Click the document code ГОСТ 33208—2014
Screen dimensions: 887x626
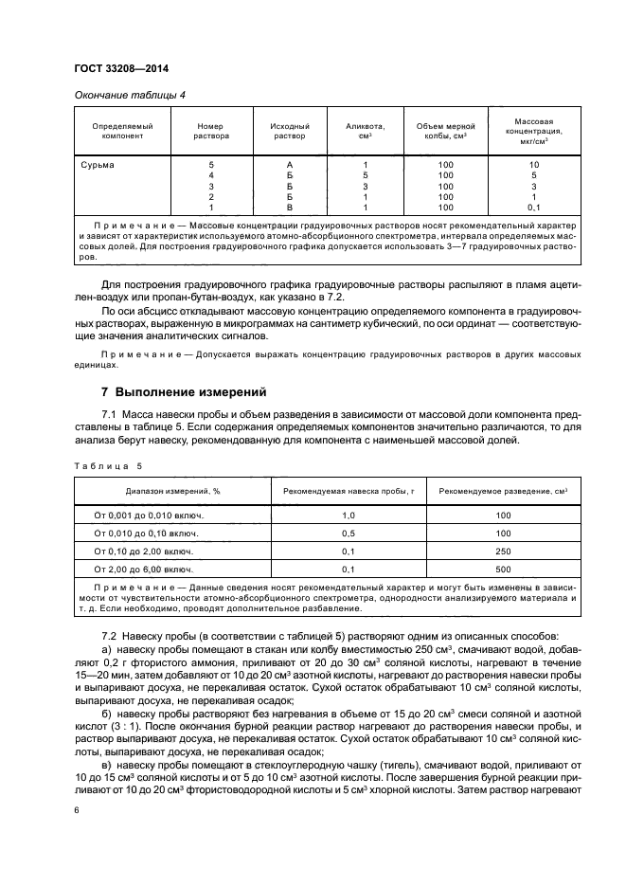click(115, 68)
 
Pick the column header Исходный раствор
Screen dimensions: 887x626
click(290, 131)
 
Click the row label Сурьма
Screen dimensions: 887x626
click(98, 165)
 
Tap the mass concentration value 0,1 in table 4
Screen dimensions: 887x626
click(533, 207)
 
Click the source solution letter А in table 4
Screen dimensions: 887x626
click(290, 165)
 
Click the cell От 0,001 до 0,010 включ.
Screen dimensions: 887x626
click(149, 516)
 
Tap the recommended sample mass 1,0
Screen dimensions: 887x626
click(347, 516)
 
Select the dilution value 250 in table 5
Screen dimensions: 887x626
click(502, 552)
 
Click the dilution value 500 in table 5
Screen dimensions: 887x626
click(502, 570)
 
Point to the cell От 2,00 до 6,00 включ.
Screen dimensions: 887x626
click(143, 570)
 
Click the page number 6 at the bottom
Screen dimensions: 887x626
click(76, 810)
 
